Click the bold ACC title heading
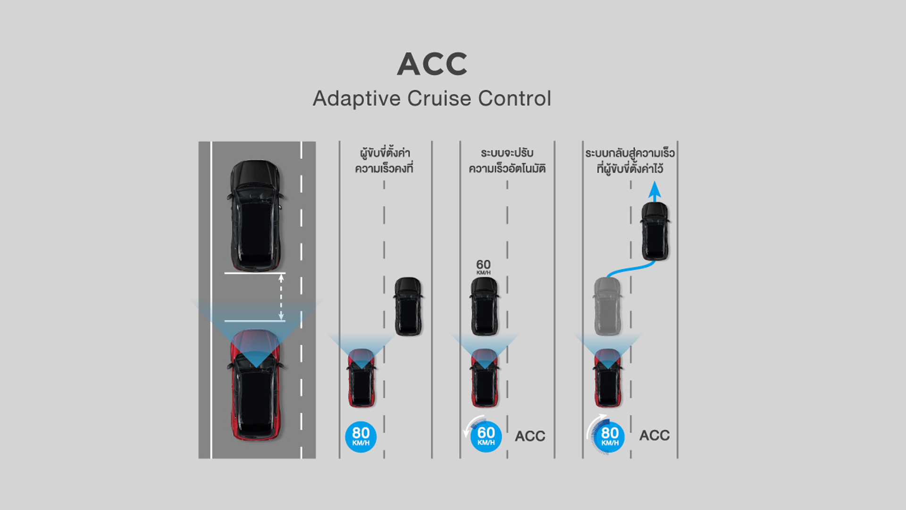[x=432, y=64]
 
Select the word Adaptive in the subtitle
[x=357, y=99]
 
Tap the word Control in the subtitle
[x=514, y=99]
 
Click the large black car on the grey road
[x=255, y=215]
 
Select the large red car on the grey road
[x=255, y=385]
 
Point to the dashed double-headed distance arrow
[x=281, y=297]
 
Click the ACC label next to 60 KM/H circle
[x=530, y=436]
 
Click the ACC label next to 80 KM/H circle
[x=654, y=435]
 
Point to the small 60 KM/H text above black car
[x=483, y=267]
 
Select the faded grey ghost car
[x=607, y=306]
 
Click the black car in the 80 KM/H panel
[x=408, y=306]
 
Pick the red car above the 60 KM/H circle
[x=485, y=378]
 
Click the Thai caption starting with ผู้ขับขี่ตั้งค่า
[x=384, y=161]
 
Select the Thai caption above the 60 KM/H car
[x=507, y=161]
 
